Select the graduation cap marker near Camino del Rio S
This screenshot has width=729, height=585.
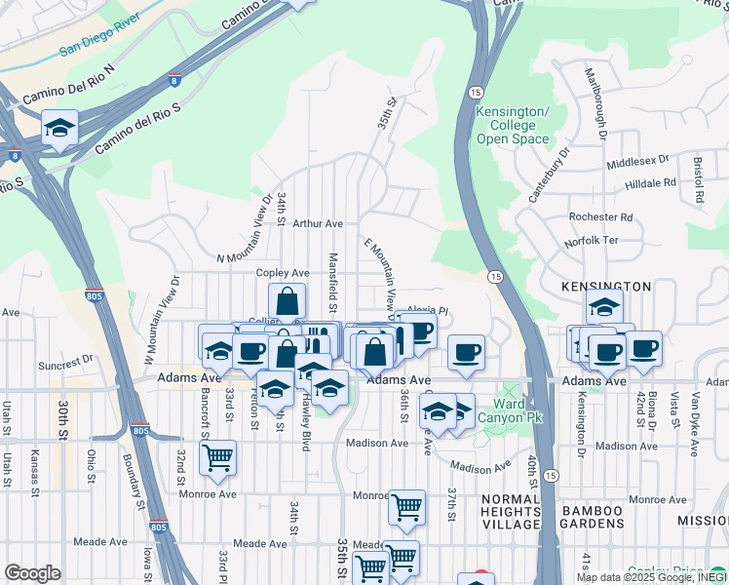tap(59, 129)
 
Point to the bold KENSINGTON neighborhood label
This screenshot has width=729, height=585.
tap(606, 287)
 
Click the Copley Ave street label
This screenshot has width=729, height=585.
tap(283, 273)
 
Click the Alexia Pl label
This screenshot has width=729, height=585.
tap(426, 311)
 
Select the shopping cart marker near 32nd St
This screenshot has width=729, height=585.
tap(217, 456)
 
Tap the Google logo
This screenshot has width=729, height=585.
tap(32, 573)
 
